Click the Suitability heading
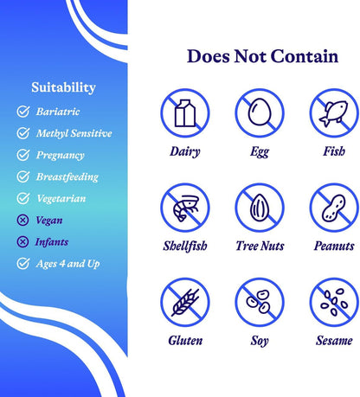[63, 87]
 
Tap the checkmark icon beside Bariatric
[22, 112]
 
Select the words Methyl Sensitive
[74, 133]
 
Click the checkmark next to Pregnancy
[22, 155]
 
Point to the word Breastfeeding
[67, 176]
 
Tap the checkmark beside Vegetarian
[22, 198]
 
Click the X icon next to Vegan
[22, 221]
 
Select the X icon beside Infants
[22, 242]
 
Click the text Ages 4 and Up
[67, 264]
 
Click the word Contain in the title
[305, 56]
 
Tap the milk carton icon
[185, 113]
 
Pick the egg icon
[260, 112]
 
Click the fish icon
[334, 113]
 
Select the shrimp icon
[185, 208]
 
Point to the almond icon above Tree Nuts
[260, 208]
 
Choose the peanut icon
[334, 208]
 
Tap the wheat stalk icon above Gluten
[185, 303]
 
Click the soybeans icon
[259, 302]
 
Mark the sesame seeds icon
[334, 303]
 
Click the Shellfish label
[185, 246]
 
